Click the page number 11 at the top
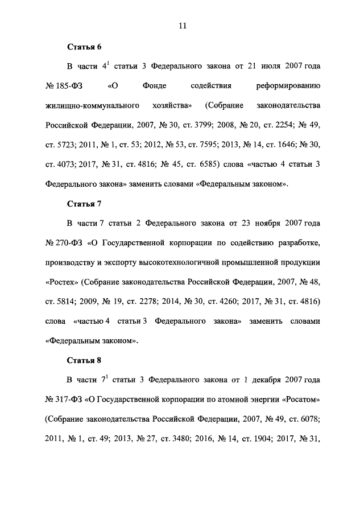coord(182,26)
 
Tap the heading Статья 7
coord(84,203)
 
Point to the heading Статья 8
coord(84,360)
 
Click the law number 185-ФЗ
coord(67,86)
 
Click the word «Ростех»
coord(61,282)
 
